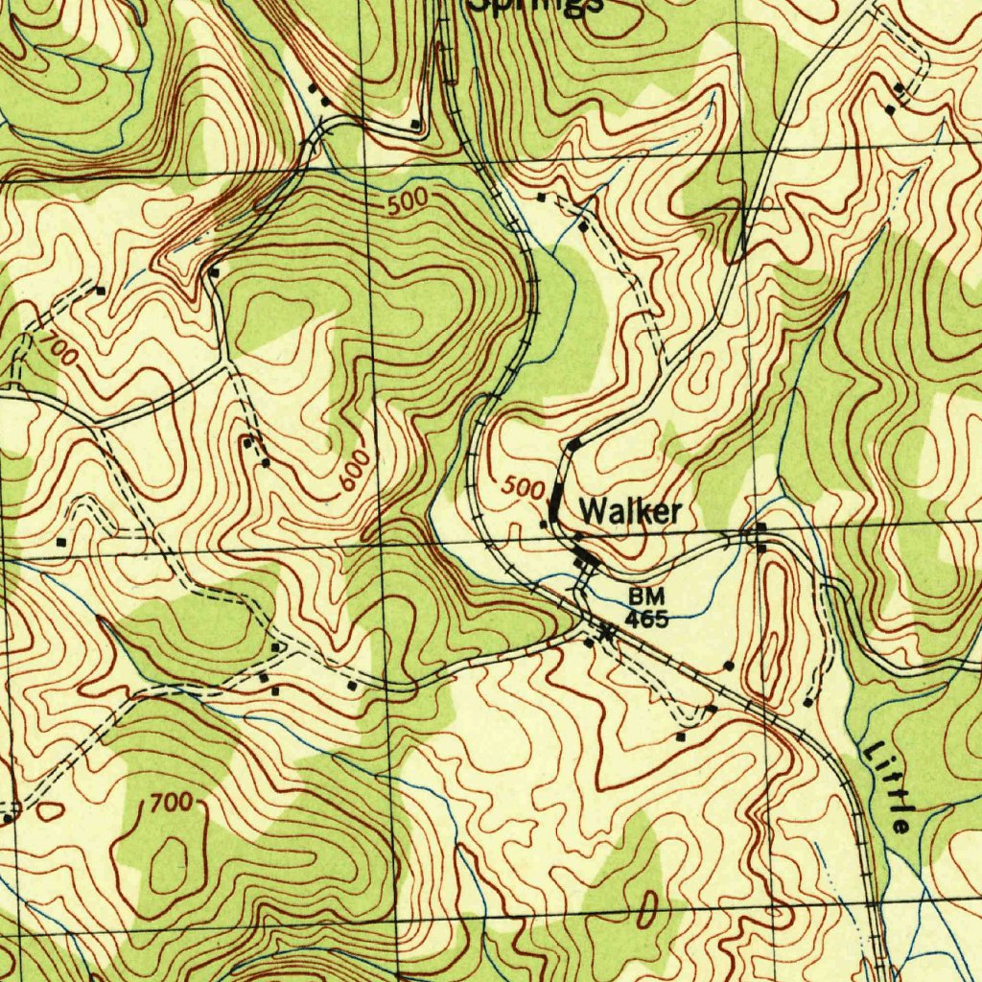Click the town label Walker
(630, 512)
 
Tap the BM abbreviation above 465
(646, 597)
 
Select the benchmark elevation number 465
(646, 619)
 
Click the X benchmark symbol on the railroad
(605, 631)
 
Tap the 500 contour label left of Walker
(524, 487)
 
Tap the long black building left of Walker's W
(556, 500)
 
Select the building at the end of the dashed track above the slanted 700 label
(100, 290)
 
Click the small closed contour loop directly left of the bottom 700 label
(50, 811)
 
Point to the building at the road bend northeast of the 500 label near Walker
(573, 444)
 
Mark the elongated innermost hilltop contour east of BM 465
(776, 614)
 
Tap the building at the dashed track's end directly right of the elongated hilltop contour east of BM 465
(807, 703)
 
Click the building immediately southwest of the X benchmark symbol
(588, 643)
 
